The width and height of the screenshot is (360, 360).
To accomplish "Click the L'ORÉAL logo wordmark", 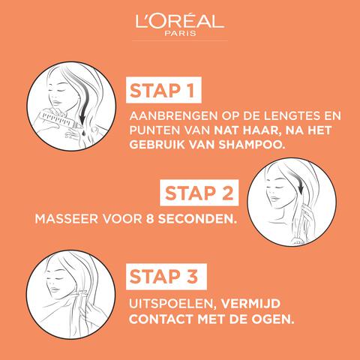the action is [179, 21].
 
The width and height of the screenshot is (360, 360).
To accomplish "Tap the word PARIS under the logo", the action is [180, 33].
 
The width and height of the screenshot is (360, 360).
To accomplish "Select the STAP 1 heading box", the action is [163, 90].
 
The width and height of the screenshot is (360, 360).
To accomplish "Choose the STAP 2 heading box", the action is [199, 193].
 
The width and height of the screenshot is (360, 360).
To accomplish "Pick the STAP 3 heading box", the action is [166, 277].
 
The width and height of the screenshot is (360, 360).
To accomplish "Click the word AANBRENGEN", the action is [173, 115].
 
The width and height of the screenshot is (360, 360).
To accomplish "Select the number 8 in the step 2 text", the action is [150, 219].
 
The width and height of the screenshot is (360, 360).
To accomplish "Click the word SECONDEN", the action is [197, 219].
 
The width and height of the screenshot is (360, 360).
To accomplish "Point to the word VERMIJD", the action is [250, 304].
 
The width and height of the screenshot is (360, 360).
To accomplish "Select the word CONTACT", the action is [161, 319].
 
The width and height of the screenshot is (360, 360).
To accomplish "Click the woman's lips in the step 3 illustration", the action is [55, 289].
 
